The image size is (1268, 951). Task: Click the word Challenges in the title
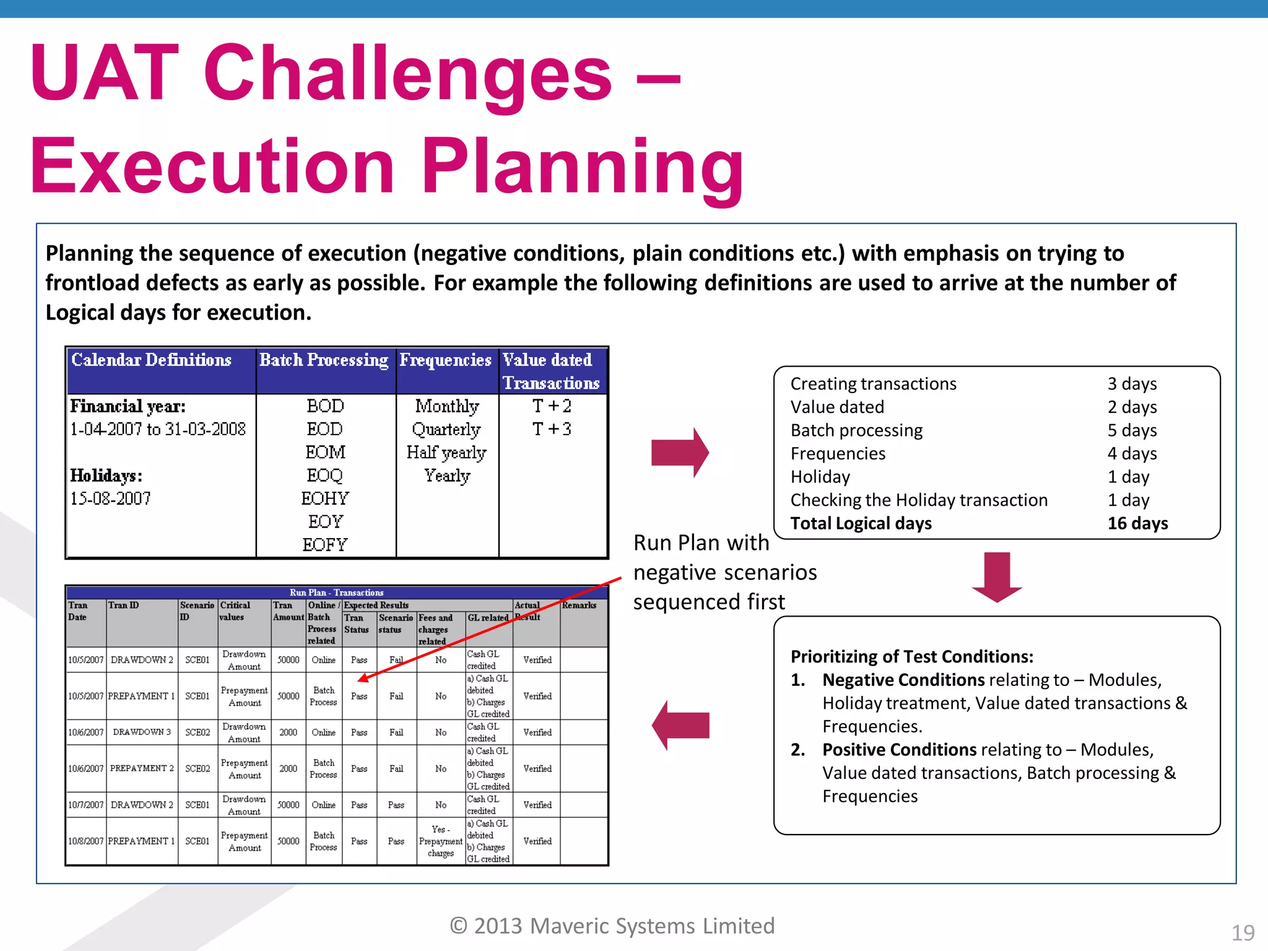[407, 74]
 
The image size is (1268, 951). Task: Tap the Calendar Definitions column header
[151, 360]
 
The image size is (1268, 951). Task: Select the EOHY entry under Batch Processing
[325, 498]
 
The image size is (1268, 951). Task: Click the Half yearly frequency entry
[446, 453]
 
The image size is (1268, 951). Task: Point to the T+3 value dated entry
[552, 429]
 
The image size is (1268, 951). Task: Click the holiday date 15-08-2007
[110, 498]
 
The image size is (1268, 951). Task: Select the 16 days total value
[1137, 523]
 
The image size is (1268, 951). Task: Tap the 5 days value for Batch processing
[1132, 430]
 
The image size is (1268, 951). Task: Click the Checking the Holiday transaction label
[919, 500]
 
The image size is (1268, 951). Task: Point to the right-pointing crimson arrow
[680, 453]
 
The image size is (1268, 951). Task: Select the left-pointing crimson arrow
[680, 725]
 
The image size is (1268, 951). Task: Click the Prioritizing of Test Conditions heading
[911, 656]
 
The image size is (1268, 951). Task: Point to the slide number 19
[1243, 932]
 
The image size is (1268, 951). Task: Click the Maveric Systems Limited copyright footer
[612, 926]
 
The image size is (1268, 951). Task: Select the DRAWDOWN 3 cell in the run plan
[142, 732]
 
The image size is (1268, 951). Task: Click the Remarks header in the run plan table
[579, 606]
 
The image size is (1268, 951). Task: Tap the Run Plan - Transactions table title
[336, 593]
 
